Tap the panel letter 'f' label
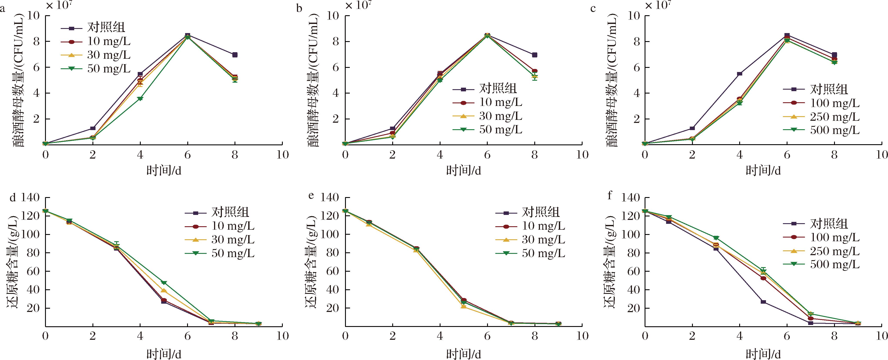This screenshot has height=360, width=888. tap(610, 196)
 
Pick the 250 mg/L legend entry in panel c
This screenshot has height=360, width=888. tap(820, 117)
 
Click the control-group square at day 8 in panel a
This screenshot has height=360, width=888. tap(235, 55)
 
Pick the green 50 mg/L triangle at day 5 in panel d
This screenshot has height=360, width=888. tap(164, 283)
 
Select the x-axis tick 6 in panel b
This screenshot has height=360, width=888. tap(487, 155)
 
